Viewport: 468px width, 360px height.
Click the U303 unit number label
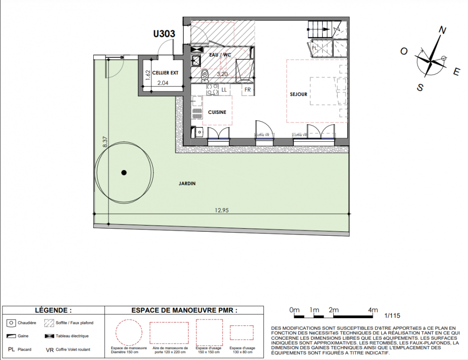[x=164, y=34]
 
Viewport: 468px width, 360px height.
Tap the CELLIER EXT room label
[x=165, y=73]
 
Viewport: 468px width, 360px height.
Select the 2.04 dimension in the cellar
[x=163, y=83]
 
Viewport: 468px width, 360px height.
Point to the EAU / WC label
[x=220, y=55]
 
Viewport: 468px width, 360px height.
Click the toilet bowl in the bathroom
[x=205, y=75]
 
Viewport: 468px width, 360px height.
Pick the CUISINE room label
[x=217, y=112]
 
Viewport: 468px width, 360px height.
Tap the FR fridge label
[x=247, y=90]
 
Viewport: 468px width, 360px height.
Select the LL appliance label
[x=224, y=90]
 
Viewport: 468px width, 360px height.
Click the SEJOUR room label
[x=299, y=94]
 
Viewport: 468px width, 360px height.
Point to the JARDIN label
[x=187, y=184]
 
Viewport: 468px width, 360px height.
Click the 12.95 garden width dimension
[x=222, y=210]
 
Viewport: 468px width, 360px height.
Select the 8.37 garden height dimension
[x=105, y=142]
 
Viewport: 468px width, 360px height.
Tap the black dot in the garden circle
[x=124, y=172]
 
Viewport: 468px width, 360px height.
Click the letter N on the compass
[x=442, y=30]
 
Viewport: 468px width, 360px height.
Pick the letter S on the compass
[x=420, y=87]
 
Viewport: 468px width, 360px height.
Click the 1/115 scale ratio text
[x=392, y=315]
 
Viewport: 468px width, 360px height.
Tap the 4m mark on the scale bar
[x=373, y=310]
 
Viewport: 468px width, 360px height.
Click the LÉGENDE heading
[x=54, y=310]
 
